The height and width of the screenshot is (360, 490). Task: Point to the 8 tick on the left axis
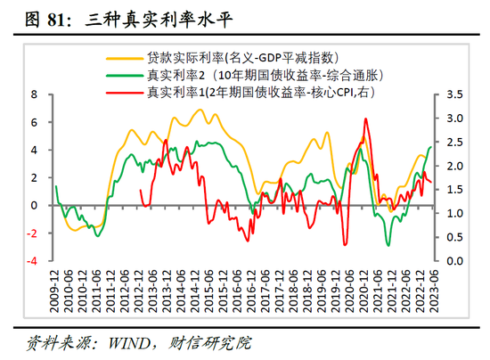click(x=35, y=94)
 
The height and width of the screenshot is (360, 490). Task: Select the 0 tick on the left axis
click(x=35, y=205)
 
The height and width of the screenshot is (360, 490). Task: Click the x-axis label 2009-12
click(x=55, y=292)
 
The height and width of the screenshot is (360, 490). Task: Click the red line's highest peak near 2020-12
click(x=365, y=119)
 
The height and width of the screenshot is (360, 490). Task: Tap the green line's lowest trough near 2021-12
click(x=388, y=245)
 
